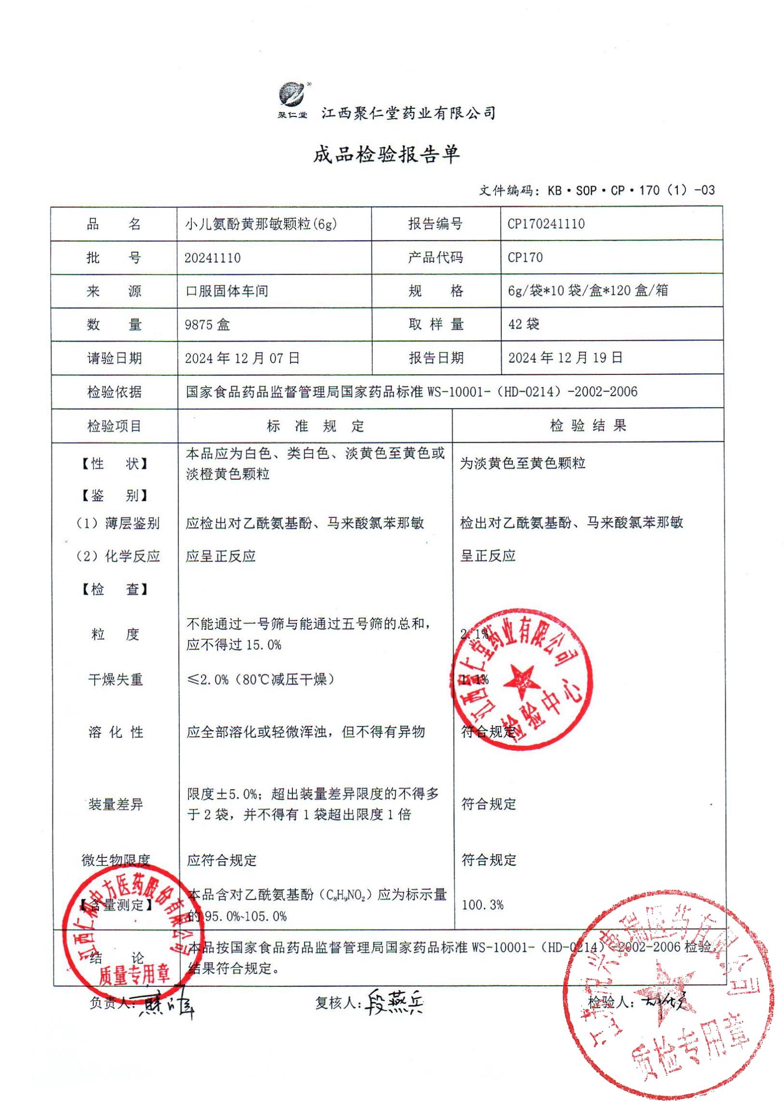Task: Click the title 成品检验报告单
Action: [386, 154]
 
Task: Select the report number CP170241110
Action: [546, 224]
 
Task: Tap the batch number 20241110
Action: [212, 257]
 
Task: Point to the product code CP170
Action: [525, 257]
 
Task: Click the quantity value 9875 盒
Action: [207, 324]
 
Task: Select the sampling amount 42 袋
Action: [523, 324]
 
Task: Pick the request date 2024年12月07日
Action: [242, 358]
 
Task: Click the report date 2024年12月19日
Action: [565, 358]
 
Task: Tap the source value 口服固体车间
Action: [227, 291]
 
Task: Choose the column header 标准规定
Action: [315, 426]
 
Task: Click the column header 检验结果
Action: [588, 426]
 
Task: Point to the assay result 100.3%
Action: [482, 904]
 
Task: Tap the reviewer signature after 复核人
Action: [395, 1004]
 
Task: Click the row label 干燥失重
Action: [115, 679]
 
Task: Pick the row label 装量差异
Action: [115, 805]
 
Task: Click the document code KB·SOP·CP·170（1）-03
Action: [631, 191]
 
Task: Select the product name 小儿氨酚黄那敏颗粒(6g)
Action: [261, 224]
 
